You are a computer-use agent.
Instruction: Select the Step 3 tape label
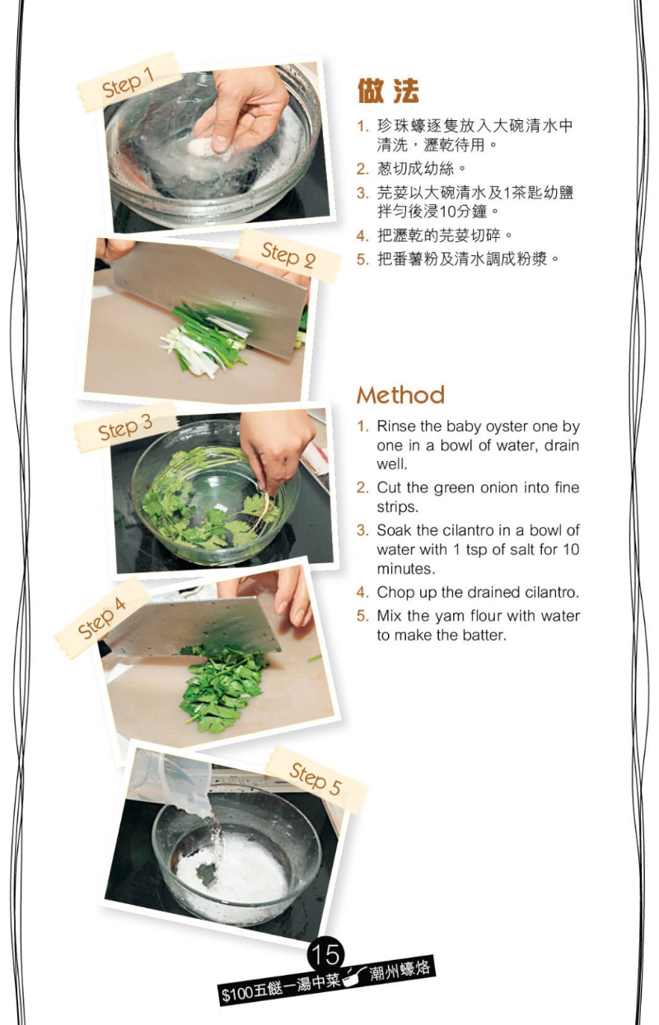[x=125, y=427]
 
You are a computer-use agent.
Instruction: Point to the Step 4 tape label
[x=102, y=617]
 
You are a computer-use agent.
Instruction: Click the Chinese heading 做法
[x=388, y=91]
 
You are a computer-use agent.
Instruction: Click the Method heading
[x=400, y=395]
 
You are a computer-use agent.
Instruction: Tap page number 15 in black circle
[x=325, y=954]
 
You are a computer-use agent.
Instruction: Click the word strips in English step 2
[x=397, y=507]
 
